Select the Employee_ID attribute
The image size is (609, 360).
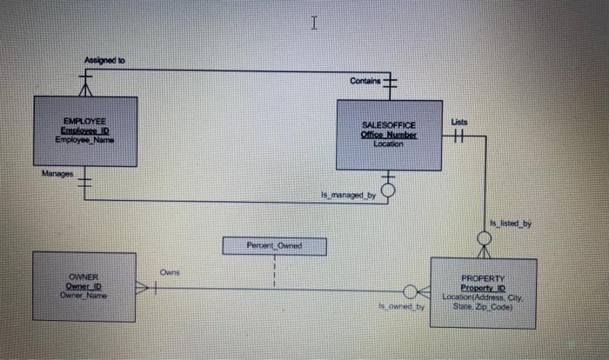[x=85, y=131]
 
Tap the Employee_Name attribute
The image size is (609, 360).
[x=85, y=139]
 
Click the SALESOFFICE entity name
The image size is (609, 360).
[x=388, y=126]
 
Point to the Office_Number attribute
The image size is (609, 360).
[x=388, y=136]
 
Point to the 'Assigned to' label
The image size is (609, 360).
[x=104, y=60]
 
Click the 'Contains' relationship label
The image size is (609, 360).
[x=365, y=81]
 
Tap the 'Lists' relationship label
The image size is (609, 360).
[x=460, y=123]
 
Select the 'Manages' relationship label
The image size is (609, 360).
[x=56, y=174]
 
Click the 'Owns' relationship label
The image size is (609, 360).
[x=170, y=273]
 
